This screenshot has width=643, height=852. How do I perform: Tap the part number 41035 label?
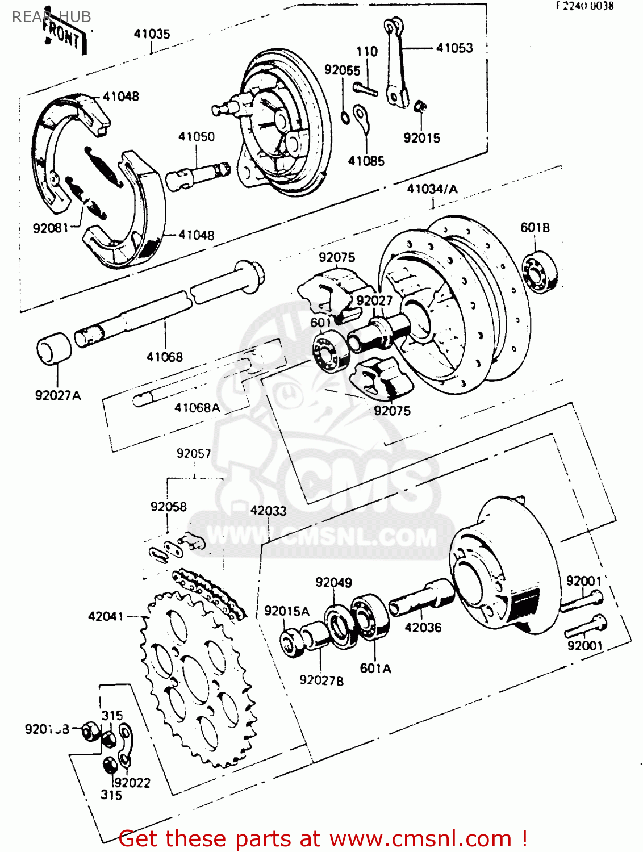[x=152, y=34]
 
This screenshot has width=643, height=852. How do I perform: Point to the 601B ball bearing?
[x=539, y=272]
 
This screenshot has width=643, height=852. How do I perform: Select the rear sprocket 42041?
[x=196, y=676]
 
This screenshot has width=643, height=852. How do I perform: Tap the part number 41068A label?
[x=197, y=408]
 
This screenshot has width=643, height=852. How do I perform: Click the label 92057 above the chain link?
[x=194, y=454]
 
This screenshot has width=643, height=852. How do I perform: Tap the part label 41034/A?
[x=432, y=189]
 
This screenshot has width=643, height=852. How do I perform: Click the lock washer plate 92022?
[x=126, y=744]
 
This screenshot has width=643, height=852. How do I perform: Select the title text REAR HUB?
[x=51, y=17]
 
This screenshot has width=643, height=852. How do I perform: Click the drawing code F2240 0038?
[x=584, y=6]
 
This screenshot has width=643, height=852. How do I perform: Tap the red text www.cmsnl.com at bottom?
[x=420, y=838]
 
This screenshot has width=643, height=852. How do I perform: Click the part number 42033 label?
[x=268, y=511]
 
